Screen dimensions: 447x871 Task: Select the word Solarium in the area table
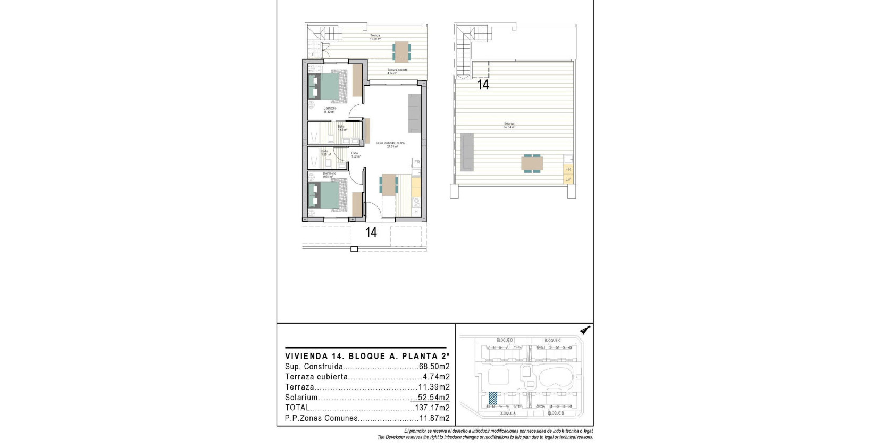point(301,398)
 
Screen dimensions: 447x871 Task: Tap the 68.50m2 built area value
point(434,367)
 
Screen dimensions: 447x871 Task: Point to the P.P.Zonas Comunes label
point(321,418)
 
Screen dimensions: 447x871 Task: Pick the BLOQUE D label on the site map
point(505,340)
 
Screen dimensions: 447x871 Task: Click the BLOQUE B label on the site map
point(555,413)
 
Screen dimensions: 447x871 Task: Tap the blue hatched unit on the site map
point(493,399)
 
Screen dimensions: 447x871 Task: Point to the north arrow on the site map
point(586,330)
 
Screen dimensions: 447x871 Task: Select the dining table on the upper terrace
point(401,51)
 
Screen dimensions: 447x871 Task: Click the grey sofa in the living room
point(415,112)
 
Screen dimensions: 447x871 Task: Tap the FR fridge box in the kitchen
point(417,162)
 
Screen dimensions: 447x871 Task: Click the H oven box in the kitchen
point(416,212)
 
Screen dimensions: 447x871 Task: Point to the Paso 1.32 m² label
point(355,154)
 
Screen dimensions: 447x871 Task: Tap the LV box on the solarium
point(568,179)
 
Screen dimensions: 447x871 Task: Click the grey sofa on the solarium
point(467,152)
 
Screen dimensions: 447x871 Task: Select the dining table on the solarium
point(532,163)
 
